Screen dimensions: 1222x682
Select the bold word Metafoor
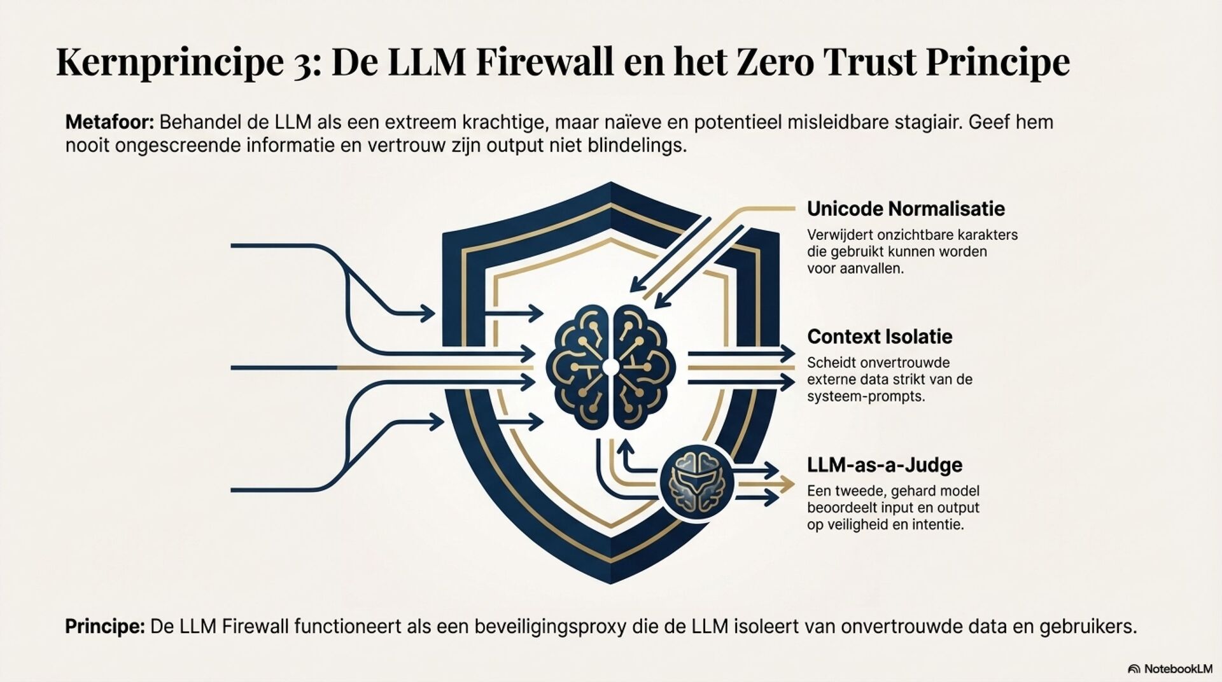click(109, 122)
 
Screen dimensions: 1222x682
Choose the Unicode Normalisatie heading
click(906, 209)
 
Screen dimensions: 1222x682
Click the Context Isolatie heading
click(880, 337)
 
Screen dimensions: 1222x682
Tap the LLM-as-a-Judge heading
click(885, 465)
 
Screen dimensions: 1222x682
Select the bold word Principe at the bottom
click(105, 627)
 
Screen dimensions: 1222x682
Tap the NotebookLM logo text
click(1177, 669)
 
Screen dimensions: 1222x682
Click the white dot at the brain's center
click(610, 367)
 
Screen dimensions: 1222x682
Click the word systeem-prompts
click(866, 396)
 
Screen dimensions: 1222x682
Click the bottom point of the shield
click(610, 580)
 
